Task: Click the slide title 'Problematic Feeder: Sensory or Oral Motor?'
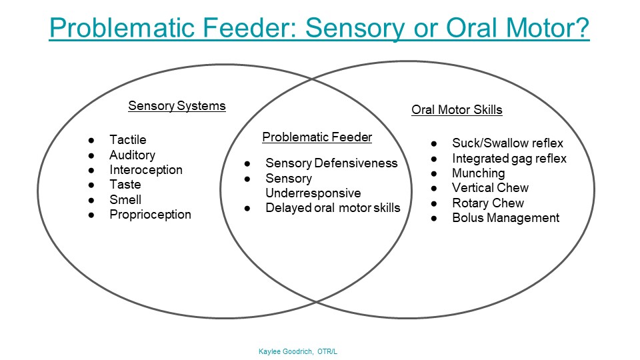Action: click(319, 29)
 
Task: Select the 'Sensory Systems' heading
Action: click(177, 106)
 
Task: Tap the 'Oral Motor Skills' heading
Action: click(457, 110)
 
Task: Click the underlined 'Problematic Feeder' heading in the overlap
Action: click(317, 137)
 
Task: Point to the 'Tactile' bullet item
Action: click(128, 140)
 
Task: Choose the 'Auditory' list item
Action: click(132, 155)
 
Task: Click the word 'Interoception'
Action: click(145, 169)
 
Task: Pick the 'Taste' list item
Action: click(125, 185)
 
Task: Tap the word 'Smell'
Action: click(125, 199)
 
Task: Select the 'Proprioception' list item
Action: click(150, 215)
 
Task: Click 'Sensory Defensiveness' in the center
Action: click(331, 163)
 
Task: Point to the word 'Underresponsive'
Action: click(313, 193)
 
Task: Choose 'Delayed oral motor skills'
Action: click(333, 208)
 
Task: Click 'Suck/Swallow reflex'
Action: click(507, 143)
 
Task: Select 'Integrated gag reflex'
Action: click(509, 159)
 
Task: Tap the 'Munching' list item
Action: click(478, 173)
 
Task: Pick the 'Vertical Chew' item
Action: click(490, 188)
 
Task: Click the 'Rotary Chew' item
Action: click(488, 203)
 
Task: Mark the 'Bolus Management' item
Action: click(505, 218)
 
